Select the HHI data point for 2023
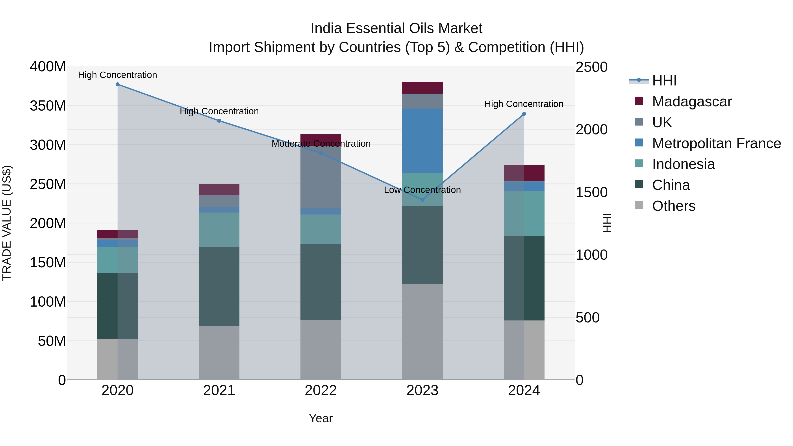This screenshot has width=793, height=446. [x=422, y=200]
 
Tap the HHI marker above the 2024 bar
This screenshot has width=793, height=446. [x=524, y=114]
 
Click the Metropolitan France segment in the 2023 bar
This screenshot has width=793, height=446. [x=422, y=141]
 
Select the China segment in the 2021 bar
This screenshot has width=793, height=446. [x=219, y=286]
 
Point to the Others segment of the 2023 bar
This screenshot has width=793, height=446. [x=422, y=332]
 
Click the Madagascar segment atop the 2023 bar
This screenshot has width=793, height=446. [x=422, y=88]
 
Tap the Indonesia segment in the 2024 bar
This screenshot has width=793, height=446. [x=524, y=213]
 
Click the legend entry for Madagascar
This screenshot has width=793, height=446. [x=691, y=102]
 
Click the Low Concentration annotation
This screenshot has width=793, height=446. [x=422, y=190]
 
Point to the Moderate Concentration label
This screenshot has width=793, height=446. [x=321, y=144]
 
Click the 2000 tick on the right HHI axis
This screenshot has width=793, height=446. [x=591, y=130]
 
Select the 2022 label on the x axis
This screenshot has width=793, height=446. [x=321, y=390]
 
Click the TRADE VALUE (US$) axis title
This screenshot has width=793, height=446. [x=7, y=223]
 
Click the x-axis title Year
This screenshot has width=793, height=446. [x=321, y=418]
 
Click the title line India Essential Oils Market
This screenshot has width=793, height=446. [x=396, y=28]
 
